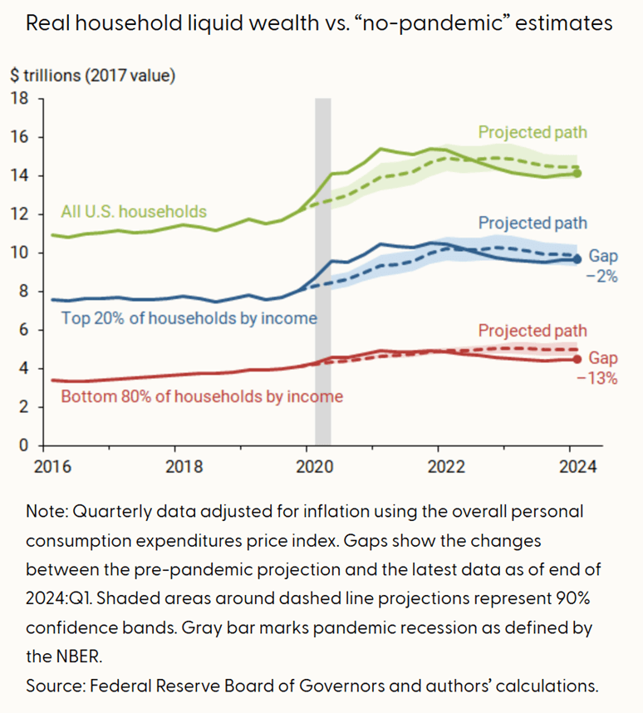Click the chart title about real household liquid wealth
320,23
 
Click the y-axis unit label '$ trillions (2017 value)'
93,75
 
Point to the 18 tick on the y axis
19,99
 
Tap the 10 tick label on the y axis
19,253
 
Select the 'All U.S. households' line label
134,211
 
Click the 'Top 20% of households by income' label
189,317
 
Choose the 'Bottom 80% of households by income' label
202,396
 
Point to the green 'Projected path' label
533,132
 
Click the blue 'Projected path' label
533,223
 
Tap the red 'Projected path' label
533,331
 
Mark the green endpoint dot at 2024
577,174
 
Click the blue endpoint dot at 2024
577,259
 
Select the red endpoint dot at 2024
577,359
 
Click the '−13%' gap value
601,378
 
